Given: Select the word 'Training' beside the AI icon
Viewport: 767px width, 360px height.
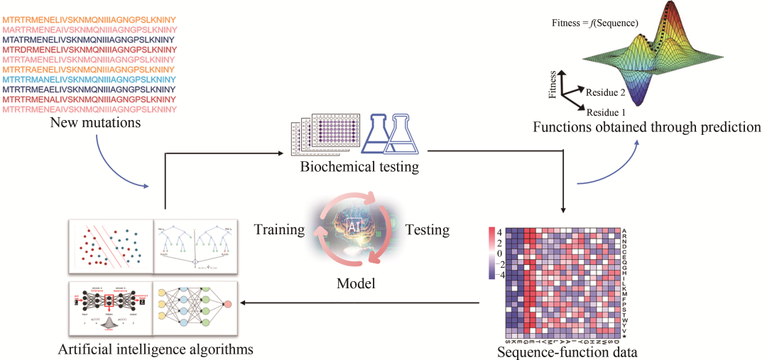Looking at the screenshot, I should pyautogui.click(x=279, y=230).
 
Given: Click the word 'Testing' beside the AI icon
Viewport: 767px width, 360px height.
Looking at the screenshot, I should pyautogui.click(x=427, y=230).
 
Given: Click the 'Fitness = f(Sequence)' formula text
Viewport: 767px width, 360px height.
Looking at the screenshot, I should pyautogui.click(x=595, y=23).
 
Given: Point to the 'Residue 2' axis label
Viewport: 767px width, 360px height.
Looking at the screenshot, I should pyautogui.click(x=606, y=92).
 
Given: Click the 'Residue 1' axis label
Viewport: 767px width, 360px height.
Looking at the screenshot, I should pyautogui.click(x=606, y=112).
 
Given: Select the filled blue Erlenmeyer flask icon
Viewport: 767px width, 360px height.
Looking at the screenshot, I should pyautogui.click(x=377, y=135).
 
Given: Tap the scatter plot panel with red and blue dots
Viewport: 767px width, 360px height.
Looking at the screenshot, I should pyautogui.click(x=110, y=244).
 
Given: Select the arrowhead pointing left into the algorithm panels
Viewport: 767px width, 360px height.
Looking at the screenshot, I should pyautogui.click(x=244, y=302).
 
